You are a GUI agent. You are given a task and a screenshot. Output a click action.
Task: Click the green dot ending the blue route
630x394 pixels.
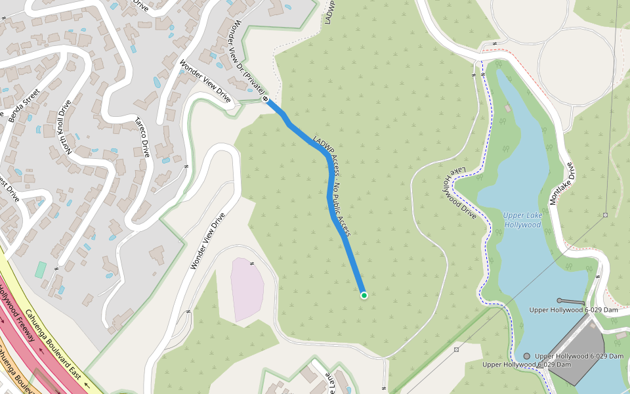pos(364,295)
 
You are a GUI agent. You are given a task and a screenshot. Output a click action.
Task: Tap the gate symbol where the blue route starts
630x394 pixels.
pos(266,98)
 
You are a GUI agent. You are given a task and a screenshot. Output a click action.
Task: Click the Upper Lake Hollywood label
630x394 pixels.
pos(522,220)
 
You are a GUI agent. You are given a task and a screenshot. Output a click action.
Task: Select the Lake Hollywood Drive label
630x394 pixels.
pos(459,193)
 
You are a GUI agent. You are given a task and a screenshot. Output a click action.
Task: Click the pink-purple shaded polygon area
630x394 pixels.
pos(247,289)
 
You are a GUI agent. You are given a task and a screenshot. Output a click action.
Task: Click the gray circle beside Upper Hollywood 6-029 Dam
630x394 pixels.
pos(526,356)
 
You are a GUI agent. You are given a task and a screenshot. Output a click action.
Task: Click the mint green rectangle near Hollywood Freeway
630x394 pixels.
pos(41,269)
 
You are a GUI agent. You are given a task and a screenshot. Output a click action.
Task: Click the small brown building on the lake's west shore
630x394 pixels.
pos(507,108)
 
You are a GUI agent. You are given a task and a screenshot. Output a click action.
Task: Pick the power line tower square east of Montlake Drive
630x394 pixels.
pos(605,215)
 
